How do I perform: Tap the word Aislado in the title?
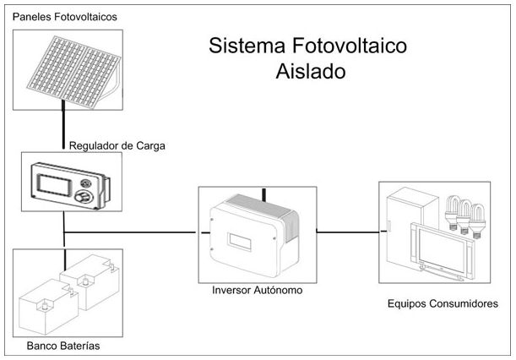pyautogui.click(x=311, y=72)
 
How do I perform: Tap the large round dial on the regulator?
pyautogui.click(x=86, y=197)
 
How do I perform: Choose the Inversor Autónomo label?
pyautogui.click(x=258, y=290)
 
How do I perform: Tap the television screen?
pyautogui.click(x=444, y=251)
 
